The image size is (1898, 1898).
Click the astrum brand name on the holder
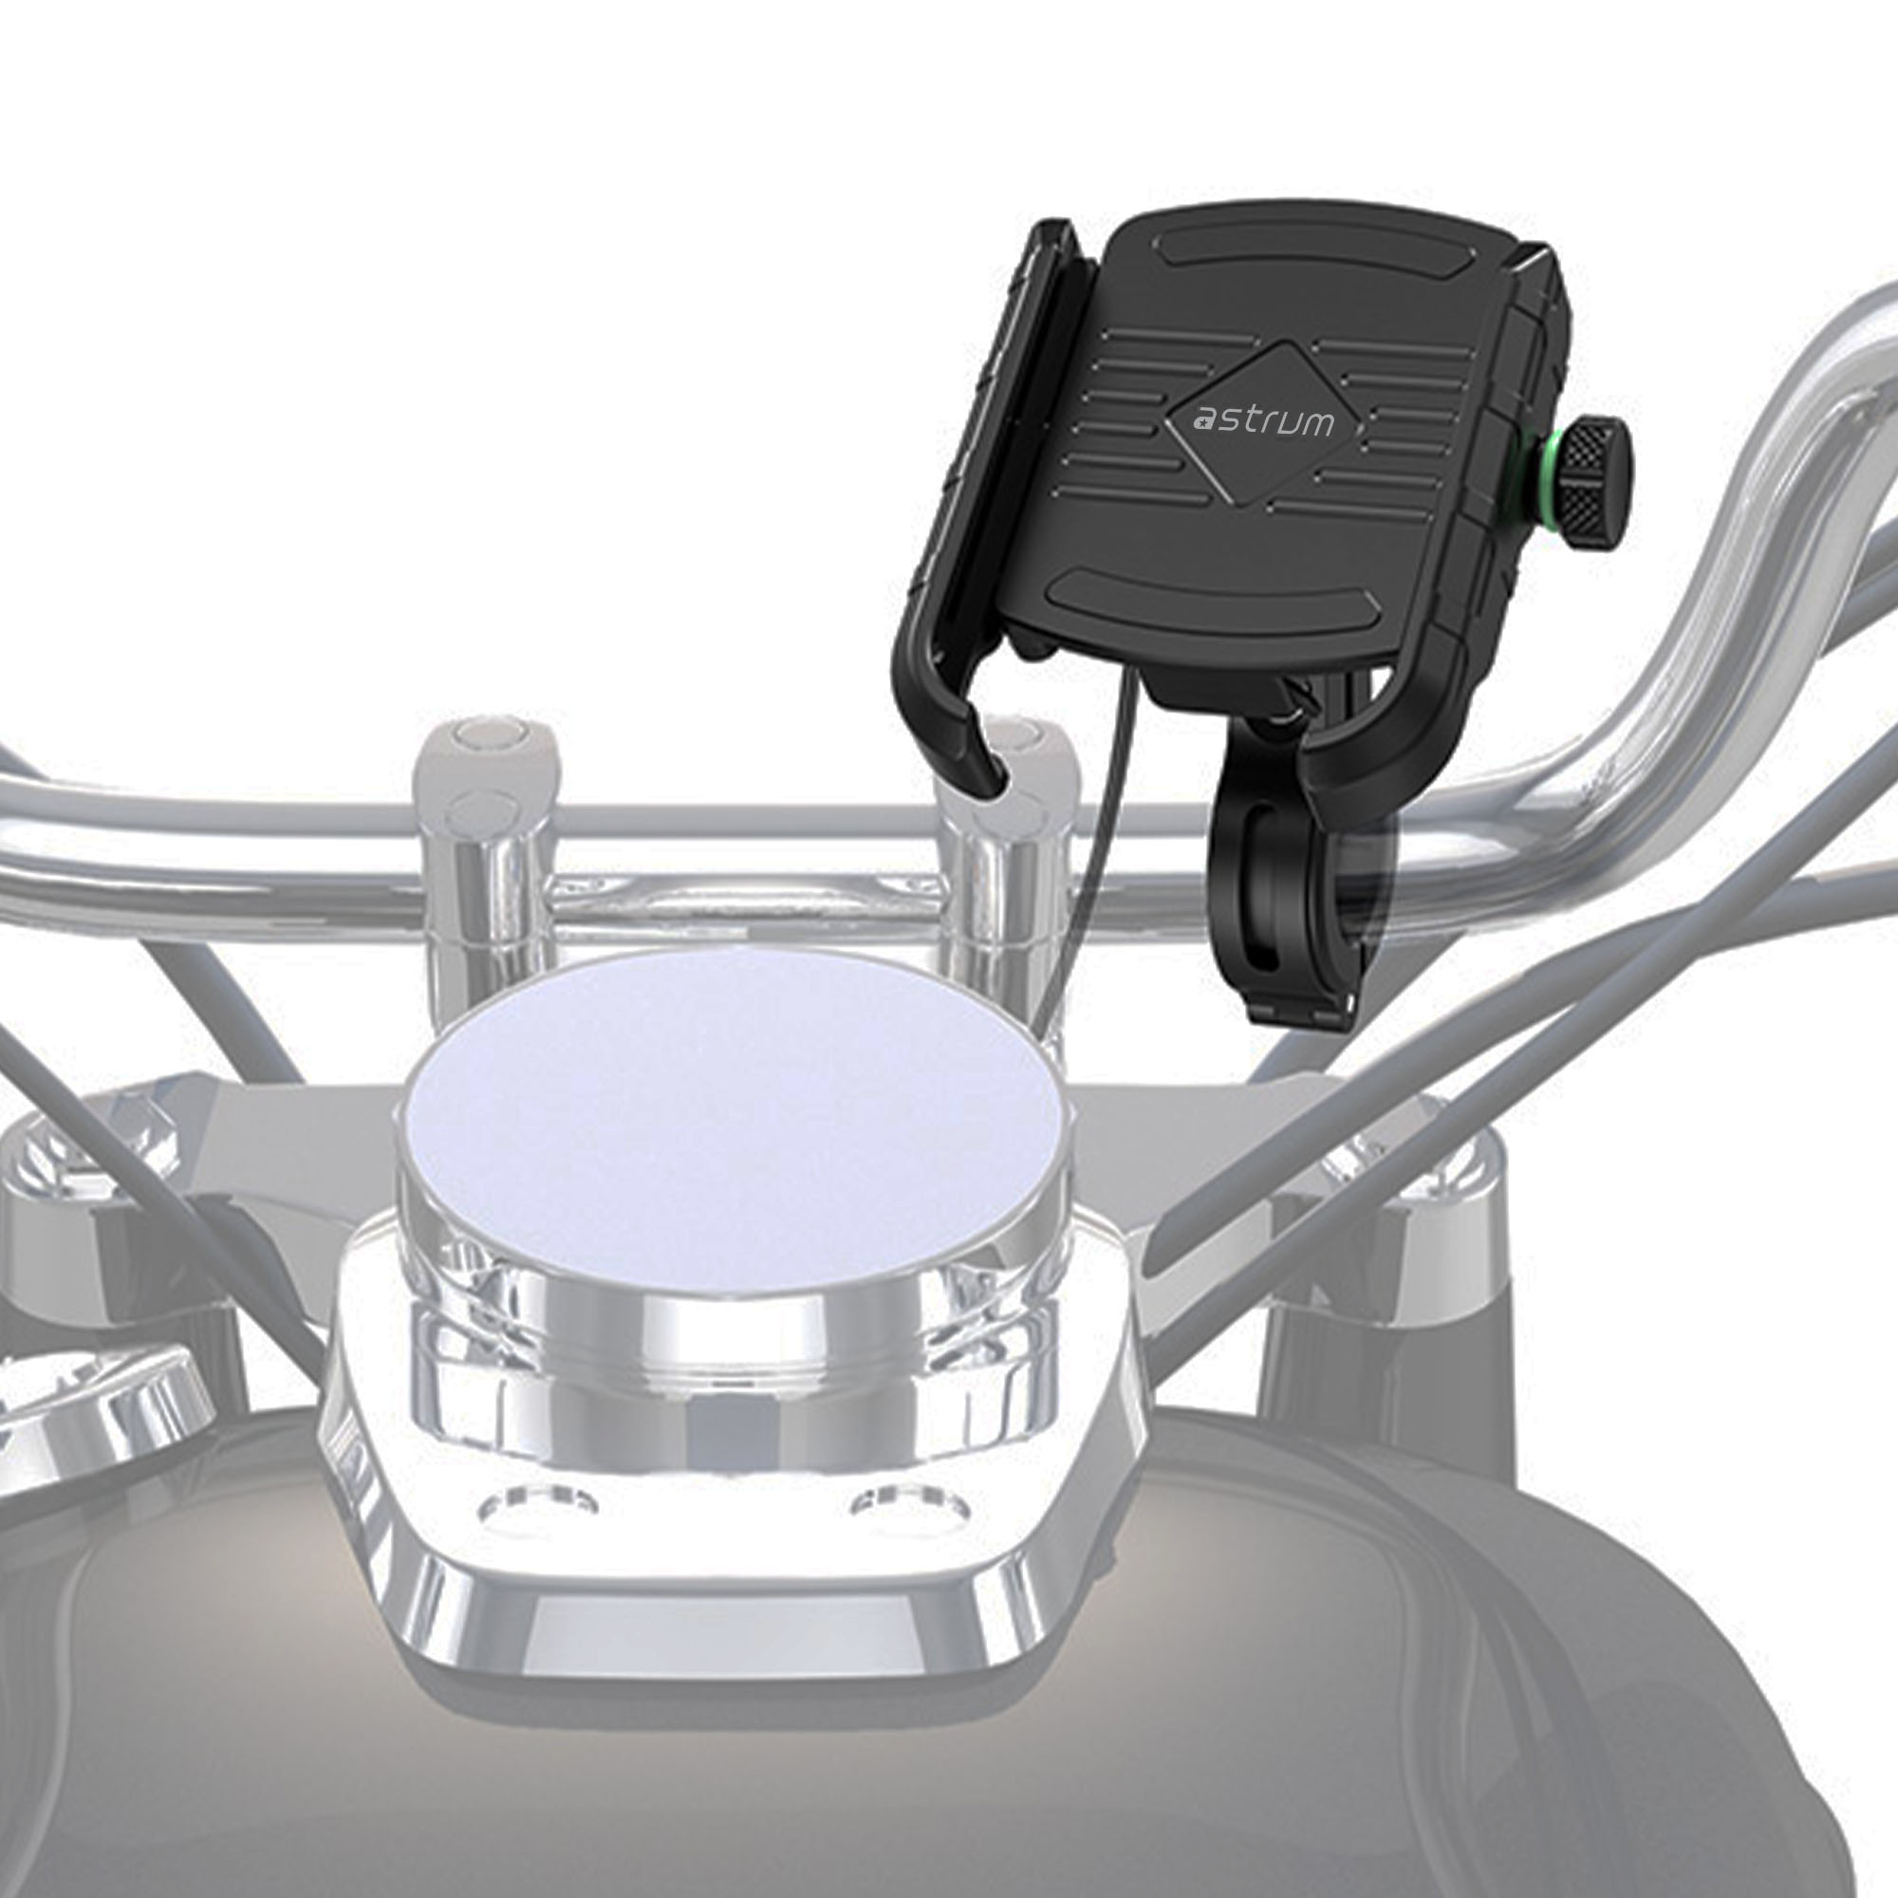point(1263,421)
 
